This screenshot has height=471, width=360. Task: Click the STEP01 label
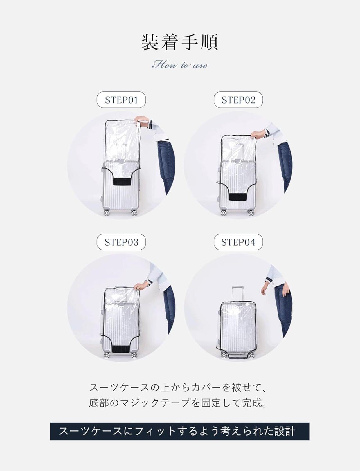(x=121, y=100)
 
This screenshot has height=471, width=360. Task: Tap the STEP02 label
(x=238, y=100)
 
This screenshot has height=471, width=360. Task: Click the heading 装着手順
(x=180, y=42)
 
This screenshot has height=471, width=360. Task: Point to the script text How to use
(x=180, y=64)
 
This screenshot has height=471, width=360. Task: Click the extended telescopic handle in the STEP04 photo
(x=237, y=294)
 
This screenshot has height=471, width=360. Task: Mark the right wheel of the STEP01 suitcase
(x=134, y=213)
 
